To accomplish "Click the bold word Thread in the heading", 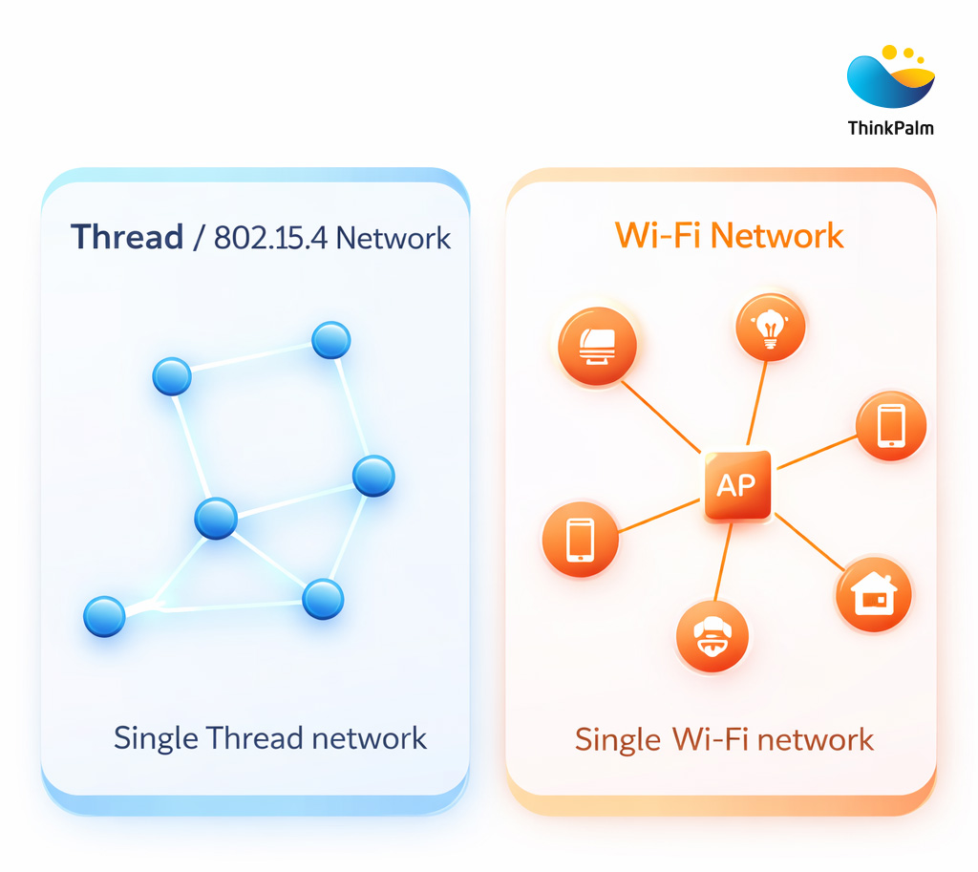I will coord(127,237).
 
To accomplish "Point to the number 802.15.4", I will coord(270,238).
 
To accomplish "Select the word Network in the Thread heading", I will coord(393,238).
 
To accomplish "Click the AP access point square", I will coord(735,485).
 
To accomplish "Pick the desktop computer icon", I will coord(597,347).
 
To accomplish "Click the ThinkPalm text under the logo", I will coord(890,127).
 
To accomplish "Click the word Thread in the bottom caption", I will coord(255,738).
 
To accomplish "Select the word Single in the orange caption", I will coord(617,739).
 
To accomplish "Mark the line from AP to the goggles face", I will coord(723,564).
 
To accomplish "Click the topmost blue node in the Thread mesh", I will coord(331,340).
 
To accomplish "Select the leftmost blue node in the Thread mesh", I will coord(104,616).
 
